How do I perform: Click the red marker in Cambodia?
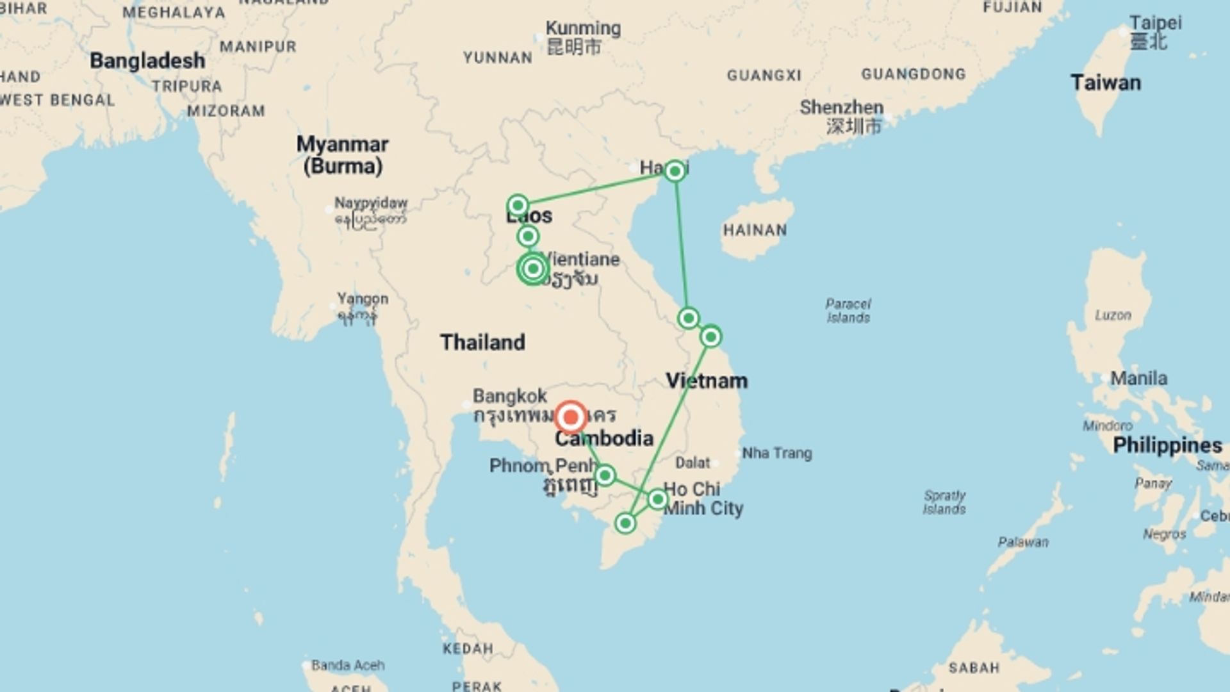[x=570, y=417]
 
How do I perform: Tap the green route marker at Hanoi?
[x=674, y=171]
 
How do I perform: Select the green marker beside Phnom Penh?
[x=605, y=475]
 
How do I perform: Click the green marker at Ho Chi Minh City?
[x=658, y=499]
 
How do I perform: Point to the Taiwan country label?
[x=1105, y=83]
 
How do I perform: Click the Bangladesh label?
[x=147, y=61]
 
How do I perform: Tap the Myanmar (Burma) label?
[x=342, y=155]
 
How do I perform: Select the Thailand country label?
[x=482, y=342]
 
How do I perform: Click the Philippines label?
[x=1167, y=445]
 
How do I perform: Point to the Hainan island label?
[x=755, y=230]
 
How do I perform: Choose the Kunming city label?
[x=583, y=29]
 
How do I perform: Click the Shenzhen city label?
[x=841, y=108]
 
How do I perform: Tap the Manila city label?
[x=1138, y=379]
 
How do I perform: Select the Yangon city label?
[x=363, y=299]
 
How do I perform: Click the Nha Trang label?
[x=776, y=454]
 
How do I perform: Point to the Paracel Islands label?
[x=848, y=310]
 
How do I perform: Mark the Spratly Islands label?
[x=944, y=502]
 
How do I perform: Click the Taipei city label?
[x=1155, y=23]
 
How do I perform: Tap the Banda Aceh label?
[x=348, y=665]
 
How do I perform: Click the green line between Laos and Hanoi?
[x=596, y=188]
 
